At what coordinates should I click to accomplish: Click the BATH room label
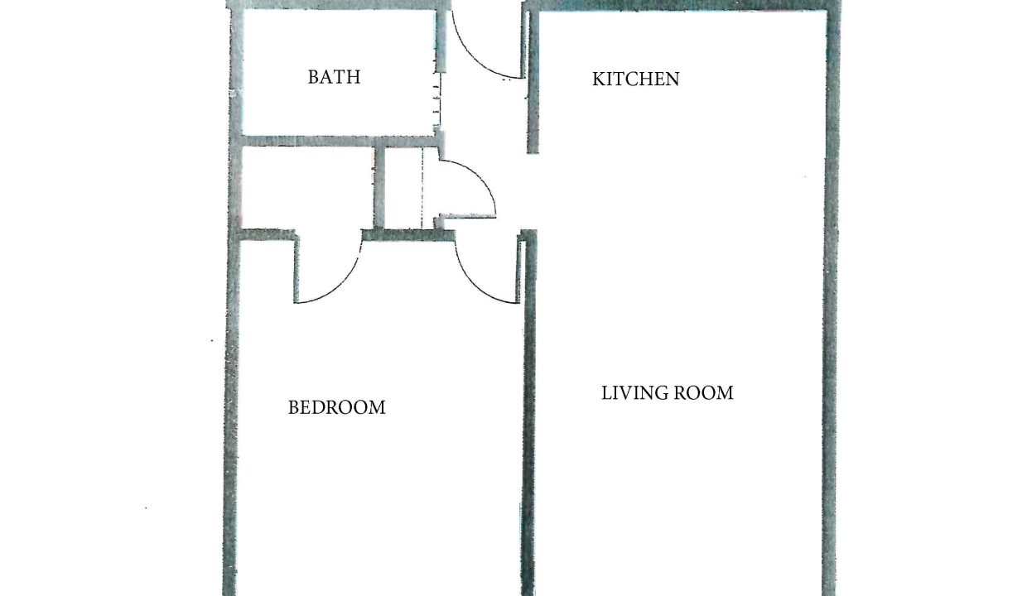(x=334, y=77)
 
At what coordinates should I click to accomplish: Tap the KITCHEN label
(x=635, y=79)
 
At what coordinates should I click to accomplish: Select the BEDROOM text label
(x=336, y=407)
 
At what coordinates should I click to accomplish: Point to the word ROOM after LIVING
(x=704, y=393)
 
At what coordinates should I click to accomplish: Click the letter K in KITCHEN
(x=598, y=79)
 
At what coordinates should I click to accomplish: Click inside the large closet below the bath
(x=307, y=188)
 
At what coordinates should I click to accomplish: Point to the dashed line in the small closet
(x=422, y=188)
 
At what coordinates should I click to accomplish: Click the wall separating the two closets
(x=379, y=188)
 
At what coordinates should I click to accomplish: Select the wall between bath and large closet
(x=340, y=142)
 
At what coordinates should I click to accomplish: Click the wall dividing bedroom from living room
(x=528, y=412)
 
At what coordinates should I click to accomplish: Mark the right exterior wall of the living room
(x=832, y=298)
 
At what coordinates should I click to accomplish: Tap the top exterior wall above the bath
(x=340, y=5)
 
